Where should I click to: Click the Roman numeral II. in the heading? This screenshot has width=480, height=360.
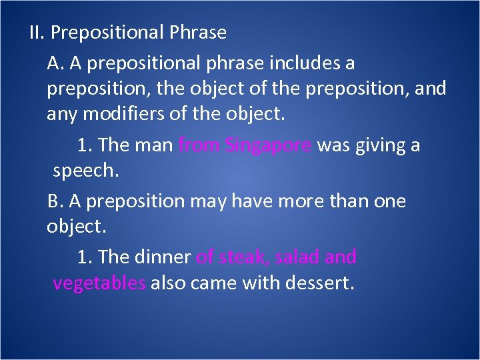click(x=37, y=32)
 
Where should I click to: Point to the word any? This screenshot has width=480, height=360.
click(x=61, y=115)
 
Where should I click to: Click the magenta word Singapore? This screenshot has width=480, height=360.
click(x=268, y=145)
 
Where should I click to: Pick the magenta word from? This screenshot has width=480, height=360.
click(x=199, y=145)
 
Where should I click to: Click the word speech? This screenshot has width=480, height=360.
click(x=85, y=171)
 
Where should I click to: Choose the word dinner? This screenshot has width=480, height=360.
click(x=163, y=257)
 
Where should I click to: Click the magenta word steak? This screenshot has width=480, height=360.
click(x=243, y=257)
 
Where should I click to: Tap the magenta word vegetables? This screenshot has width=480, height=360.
click(x=99, y=283)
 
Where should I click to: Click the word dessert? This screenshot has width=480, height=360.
click(x=319, y=283)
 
